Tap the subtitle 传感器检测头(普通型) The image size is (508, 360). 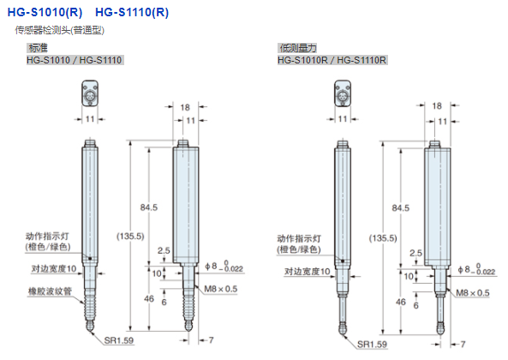(x=65, y=31)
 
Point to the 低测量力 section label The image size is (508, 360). (x=294, y=49)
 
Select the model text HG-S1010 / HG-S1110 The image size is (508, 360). (x=75, y=60)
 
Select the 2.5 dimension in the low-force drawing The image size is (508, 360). (x=415, y=253)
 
